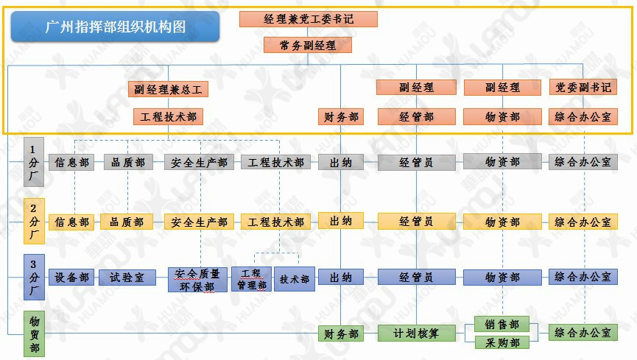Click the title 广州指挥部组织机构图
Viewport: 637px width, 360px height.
pos(116,27)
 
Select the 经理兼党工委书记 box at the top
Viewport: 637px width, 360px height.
pos(308,19)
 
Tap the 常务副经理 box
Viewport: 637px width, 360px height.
pos(308,45)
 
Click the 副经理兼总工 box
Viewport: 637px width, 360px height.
pos(168,90)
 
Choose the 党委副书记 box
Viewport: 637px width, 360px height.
pos(583,88)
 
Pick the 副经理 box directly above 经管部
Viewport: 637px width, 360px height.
pos(416,88)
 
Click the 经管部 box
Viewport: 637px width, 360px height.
pos(416,116)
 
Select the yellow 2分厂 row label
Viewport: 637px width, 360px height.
pos(34,219)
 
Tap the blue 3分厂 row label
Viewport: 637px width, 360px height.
pos(34,277)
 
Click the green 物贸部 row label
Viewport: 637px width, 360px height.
pos(34,334)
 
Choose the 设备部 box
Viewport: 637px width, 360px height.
pos(71,278)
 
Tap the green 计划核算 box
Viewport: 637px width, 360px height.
pos(416,333)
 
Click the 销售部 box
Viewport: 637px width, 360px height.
pos(501,324)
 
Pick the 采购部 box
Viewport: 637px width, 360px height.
pos(501,342)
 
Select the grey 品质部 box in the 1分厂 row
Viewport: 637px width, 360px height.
pos(127,162)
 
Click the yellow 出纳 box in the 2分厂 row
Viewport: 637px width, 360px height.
pos(340,220)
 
